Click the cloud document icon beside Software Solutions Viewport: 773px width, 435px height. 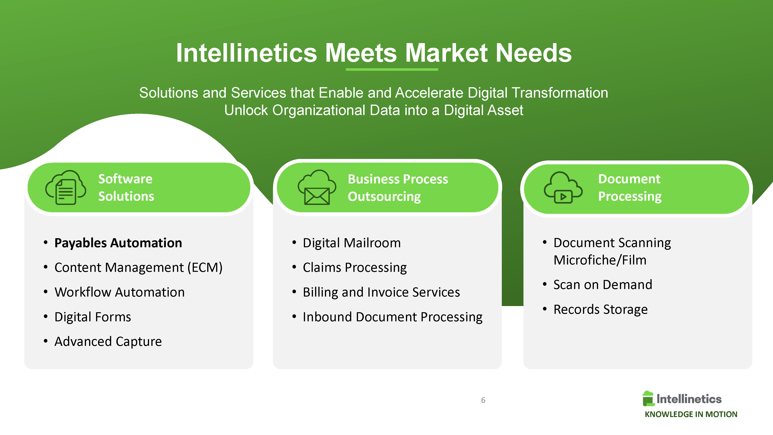[66, 187]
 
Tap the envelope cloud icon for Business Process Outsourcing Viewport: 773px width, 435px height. [317, 187]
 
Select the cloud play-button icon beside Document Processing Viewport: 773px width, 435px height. [563, 188]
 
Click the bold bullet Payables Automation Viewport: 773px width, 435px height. [118, 243]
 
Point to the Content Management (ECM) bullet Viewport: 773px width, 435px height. [138, 268]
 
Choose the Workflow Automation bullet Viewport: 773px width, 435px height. [119, 292]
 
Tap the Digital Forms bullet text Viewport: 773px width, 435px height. [93, 317]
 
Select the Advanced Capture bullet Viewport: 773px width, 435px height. [108, 342]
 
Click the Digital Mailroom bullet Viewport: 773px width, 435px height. [352, 243]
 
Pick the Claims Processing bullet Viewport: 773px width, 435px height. [355, 268]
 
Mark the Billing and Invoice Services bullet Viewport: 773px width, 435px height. [381, 292]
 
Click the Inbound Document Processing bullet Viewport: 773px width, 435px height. [393, 317]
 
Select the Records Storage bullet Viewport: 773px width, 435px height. [600, 310]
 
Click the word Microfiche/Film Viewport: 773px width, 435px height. [600, 260]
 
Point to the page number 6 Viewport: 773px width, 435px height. [483, 400]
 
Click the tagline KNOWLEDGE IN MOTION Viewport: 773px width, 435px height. [691, 414]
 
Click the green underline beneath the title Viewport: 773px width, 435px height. [392, 70]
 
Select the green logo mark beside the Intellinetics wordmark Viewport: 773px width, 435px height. [648, 399]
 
